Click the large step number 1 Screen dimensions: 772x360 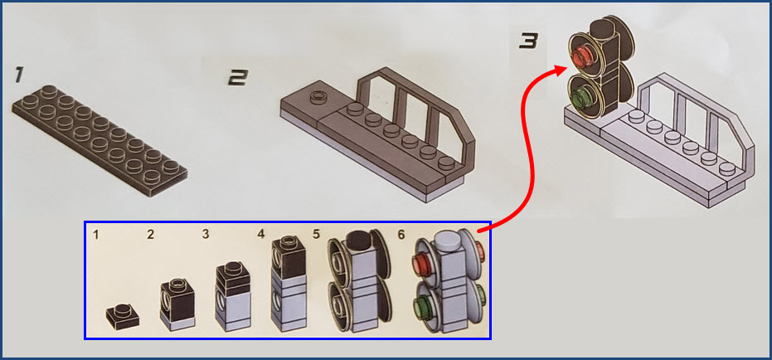click(x=18, y=75)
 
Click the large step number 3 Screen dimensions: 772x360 click(x=528, y=41)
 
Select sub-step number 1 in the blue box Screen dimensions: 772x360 click(x=96, y=235)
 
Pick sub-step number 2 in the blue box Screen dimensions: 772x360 click(x=150, y=235)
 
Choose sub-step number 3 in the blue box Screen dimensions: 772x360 click(x=206, y=235)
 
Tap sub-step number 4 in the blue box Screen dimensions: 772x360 click(x=261, y=235)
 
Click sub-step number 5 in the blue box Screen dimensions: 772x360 click(x=316, y=235)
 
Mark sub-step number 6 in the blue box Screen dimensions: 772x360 click(x=401, y=235)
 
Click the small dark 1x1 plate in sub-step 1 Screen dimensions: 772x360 click(x=123, y=316)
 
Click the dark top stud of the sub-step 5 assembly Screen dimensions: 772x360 click(x=361, y=241)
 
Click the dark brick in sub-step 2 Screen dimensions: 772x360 click(x=177, y=298)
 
